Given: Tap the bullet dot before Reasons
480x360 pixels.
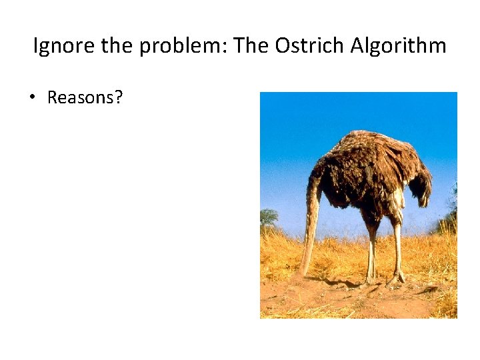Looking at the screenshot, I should pos(31,98).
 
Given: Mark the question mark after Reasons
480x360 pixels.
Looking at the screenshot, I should pos(119,97).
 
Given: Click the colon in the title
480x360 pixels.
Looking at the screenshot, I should pos(227,48).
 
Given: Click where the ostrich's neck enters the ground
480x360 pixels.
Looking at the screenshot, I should pos(304,273).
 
